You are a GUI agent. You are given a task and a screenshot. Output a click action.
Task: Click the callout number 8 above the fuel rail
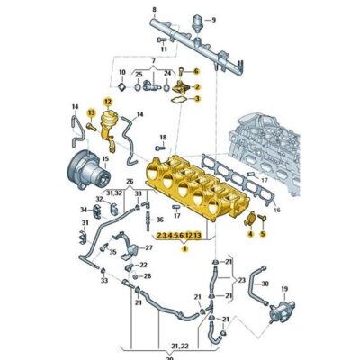click(x=153, y=9)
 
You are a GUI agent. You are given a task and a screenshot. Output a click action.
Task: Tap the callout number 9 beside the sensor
click(x=213, y=19)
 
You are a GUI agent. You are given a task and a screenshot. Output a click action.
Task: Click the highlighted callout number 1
click(x=184, y=249)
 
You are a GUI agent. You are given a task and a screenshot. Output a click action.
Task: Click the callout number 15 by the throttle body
click(x=105, y=159)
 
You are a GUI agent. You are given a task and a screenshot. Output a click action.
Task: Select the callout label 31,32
click(x=113, y=193)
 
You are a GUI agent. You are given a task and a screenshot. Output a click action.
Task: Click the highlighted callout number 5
click(x=263, y=232)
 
